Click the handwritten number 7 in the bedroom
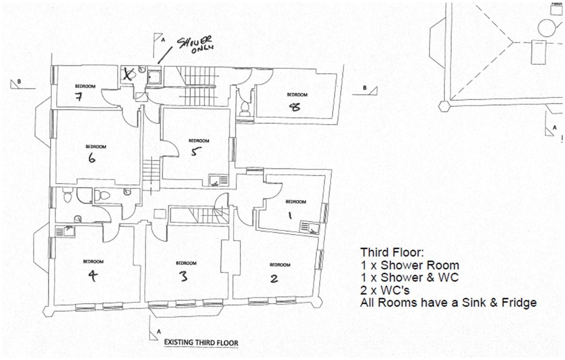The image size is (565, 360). pyautogui.click(x=79, y=97)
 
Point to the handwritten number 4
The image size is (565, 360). pyautogui.click(x=93, y=275)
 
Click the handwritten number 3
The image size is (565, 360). pyautogui.click(x=184, y=276)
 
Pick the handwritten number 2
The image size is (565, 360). pyautogui.click(x=274, y=278)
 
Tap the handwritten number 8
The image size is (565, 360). pyautogui.click(x=295, y=107)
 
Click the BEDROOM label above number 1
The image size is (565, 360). pyautogui.click(x=295, y=202)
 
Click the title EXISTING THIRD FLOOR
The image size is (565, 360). pyautogui.click(x=201, y=343)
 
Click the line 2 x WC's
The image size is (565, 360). pyautogui.click(x=385, y=290)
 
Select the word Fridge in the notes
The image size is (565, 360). pyautogui.click(x=519, y=303)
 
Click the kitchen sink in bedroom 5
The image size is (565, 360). pyautogui.click(x=219, y=180)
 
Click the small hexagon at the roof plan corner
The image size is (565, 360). pyautogui.click(x=444, y=106)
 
